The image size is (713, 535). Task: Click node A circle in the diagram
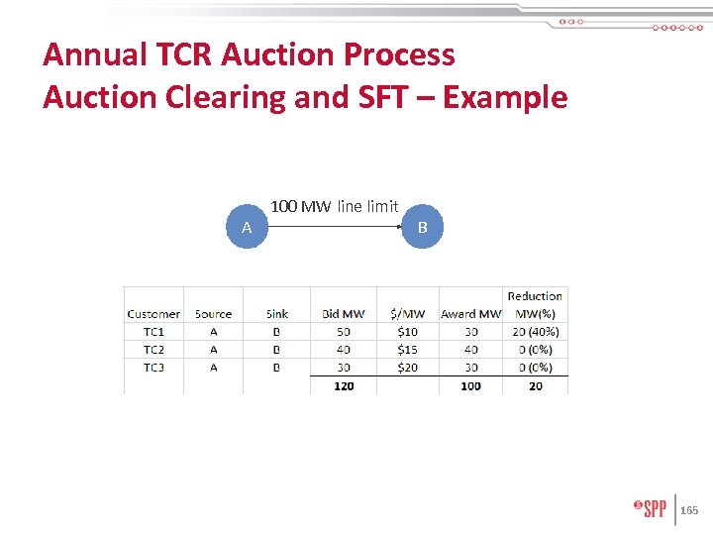coord(247,228)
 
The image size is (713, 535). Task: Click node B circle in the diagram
coord(423,228)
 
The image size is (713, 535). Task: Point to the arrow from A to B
coord(335,227)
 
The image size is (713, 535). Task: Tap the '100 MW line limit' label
coord(335,206)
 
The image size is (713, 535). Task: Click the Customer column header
coord(153,314)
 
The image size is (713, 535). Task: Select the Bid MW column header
coord(344,314)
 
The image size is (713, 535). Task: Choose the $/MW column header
coord(407,314)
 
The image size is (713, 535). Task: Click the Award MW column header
coord(470,314)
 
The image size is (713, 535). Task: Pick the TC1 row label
coord(153,332)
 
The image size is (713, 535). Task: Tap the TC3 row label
coord(153,368)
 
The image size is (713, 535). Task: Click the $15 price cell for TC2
coord(407,350)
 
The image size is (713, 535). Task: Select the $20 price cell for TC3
coord(407,368)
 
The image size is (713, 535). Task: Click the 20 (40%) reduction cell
coord(535,332)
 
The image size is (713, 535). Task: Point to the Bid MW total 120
coord(344,385)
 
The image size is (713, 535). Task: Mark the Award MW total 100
coord(470,385)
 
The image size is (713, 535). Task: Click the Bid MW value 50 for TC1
coord(344,332)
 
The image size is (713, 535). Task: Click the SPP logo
coord(650,509)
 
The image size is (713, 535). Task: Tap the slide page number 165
coord(689,510)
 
